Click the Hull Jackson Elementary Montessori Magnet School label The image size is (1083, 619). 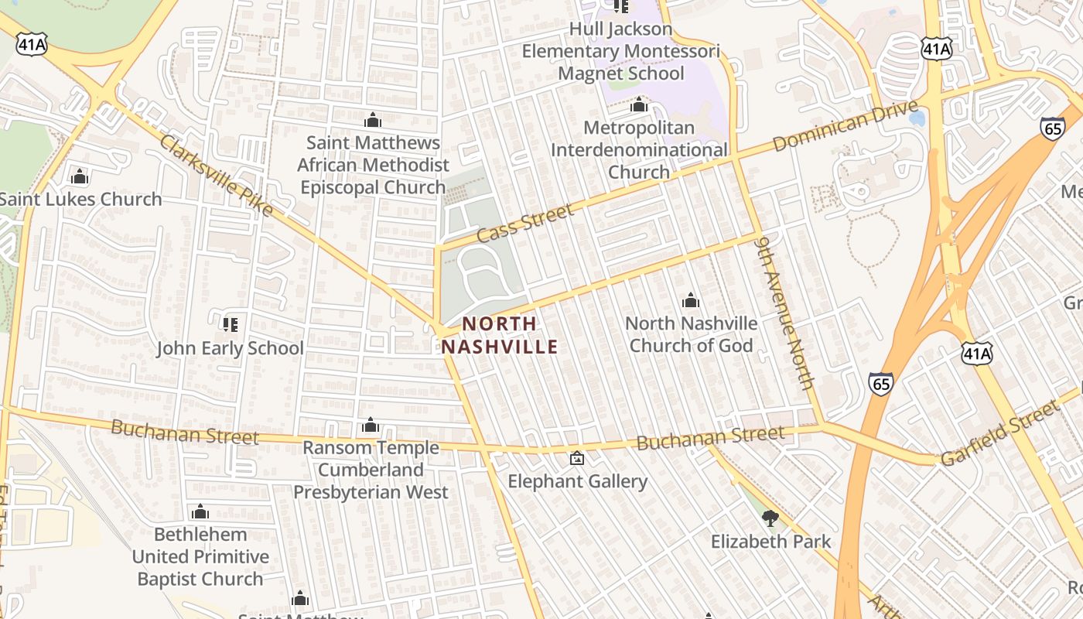(x=620, y=51)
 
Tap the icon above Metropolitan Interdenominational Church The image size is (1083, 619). (x=639, y=104)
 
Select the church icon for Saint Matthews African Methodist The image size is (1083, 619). (x=373, y=120)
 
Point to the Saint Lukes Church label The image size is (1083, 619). (x=80, y=199)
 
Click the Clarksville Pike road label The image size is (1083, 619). (x=217, y=176)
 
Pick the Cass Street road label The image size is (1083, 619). (x=525, y=223)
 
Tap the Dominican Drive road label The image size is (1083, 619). (x=845, y=125)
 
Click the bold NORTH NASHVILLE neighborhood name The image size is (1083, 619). (x=500, y=335)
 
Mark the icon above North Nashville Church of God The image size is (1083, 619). (x=691, y=300)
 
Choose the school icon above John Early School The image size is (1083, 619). (x=230, y=324)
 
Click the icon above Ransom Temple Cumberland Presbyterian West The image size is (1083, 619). (x=371, y=425)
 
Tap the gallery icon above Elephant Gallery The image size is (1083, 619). (x=577, y=458)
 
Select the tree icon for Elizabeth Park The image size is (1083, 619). (x=770, y=518)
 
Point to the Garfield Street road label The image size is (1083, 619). (x=998, y=434)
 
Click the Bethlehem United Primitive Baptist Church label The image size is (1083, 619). (x=200, y=556)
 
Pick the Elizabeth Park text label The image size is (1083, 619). (x=770, y=541)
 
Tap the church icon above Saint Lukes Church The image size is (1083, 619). (x=80, y=177)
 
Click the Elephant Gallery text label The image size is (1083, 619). (x=577, y=481)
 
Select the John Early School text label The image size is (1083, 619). (x=230, y=348)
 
